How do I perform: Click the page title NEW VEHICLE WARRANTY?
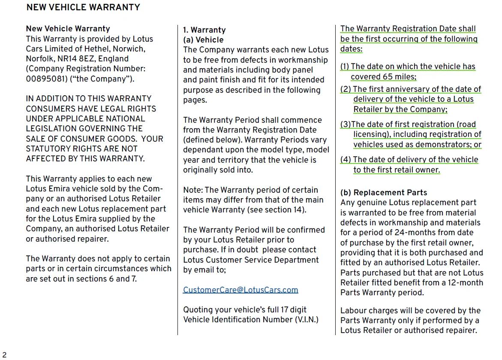pyautogui.click(x=83, y=7)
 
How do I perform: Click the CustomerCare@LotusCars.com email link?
pyautogui.click(x=240, y=290)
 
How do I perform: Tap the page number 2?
pyautogui.click(x=4, y=354)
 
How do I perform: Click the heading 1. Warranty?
pyautogui.click(x=204, y=30)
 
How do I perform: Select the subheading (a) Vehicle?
pyautogui.click(x=203, y=40)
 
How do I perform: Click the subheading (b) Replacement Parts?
pyautogui.click(x=384, y=193)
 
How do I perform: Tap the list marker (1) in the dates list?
pyautogui.click(x=345, y=67)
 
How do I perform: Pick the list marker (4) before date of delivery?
pyautogui.click(x=346, y=160)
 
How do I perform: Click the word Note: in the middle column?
pyautogui.click(x=193, y=190)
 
